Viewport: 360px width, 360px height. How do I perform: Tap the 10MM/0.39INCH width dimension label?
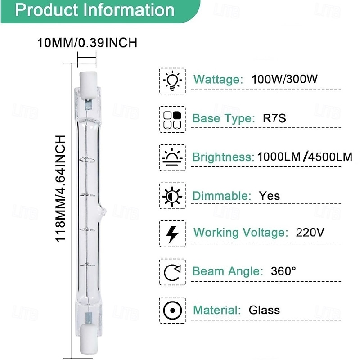click(x=86, y=43)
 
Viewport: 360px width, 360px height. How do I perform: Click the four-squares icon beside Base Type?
click(x=172, y=119)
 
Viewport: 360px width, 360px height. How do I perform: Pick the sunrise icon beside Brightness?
click(x=172, y=157)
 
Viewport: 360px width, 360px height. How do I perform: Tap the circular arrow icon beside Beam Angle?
click(x=172, y=272)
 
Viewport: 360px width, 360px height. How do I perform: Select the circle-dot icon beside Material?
click(x=172, y=310)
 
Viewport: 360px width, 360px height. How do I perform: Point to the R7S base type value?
click(x=274, y=119)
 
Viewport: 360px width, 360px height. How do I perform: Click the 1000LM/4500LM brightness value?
click(x=305, y=157)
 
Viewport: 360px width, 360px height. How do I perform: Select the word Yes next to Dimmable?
click(x=269, y=196)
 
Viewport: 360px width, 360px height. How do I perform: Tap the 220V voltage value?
click(x=310, y=233)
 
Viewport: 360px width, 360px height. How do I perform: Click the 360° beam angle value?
click(x=283, y=271)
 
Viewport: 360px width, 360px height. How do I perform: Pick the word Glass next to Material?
click(x=264, y=310)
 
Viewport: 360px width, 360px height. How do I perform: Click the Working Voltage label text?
click(x=240, y=233)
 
